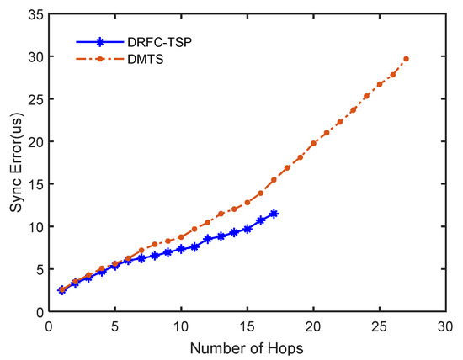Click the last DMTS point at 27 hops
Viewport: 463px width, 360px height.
click(406, 59)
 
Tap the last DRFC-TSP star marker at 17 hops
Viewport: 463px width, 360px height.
click(274, 214)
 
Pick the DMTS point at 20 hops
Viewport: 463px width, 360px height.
click(313, 144)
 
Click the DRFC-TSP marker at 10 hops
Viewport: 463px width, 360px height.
click(181, 249)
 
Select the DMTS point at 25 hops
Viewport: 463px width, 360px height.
click(380, 84)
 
